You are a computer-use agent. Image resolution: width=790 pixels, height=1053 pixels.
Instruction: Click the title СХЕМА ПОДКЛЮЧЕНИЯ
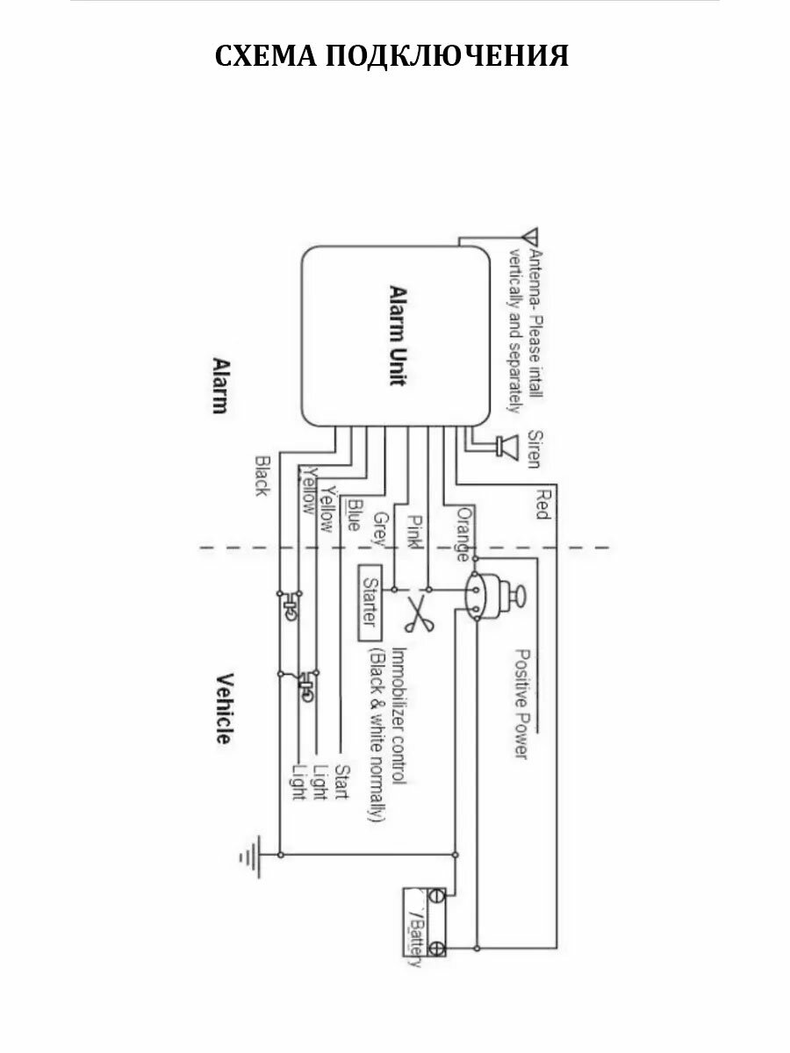pyautogui.click(x=392, y=56)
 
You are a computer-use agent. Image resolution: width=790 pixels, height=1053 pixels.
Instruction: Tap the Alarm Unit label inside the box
pyautogui.click(x=396, y=335)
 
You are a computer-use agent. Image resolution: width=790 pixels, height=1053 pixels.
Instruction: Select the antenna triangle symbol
pyautogui.click(x=529, y=238)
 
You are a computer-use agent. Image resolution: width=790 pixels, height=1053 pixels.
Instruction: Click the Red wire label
pyautogui.click(x=543, y=502)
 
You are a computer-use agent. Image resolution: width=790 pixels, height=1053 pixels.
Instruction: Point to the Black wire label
pyautogui.click(x=261, y=475)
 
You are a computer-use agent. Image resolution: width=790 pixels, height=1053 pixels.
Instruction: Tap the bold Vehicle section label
pyautogui.click(x=224, y=708)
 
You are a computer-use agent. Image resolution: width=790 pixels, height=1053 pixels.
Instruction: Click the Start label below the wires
pyautogui.click(x=342, y=782)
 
